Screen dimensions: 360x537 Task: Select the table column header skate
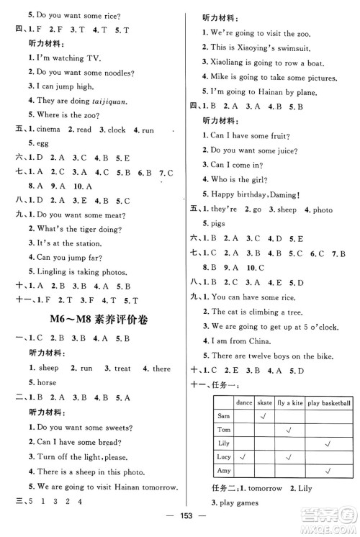point(266,403)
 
